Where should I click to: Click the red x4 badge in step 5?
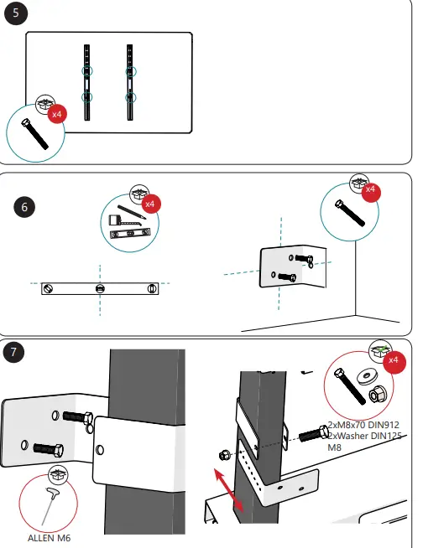(x=58, y=113)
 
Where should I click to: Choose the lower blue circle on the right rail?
(x=131, y=98)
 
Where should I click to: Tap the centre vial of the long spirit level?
(x=100, y=288)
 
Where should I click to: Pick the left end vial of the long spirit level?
(x=50, y=288)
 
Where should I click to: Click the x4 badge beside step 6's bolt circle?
(x=370, y=189)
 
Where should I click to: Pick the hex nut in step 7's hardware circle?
(x=378, y=392)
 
